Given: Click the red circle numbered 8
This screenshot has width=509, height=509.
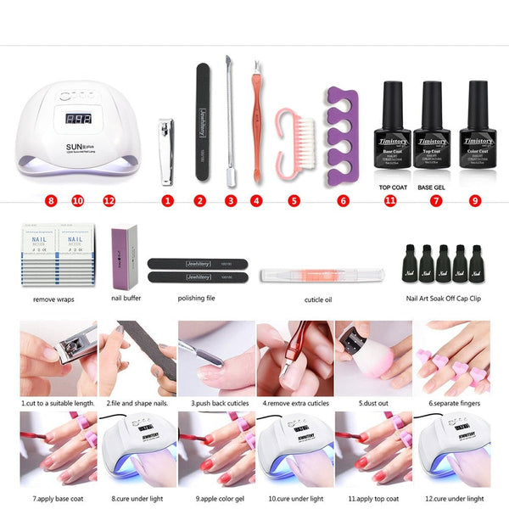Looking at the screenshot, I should [x=52, y=201].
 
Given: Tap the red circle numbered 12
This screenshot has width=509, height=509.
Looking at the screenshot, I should [x=109, y=201].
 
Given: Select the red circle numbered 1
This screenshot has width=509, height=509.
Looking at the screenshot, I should [x=167, y=201].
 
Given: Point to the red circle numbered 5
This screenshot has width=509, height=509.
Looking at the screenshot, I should [x=294, y=201].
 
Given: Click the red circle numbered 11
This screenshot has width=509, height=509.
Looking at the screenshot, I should [x=390, y=201].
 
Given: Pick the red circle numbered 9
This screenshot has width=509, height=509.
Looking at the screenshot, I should [x=474, y=201].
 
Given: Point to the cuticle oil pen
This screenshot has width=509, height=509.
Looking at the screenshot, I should [x=322, y=275].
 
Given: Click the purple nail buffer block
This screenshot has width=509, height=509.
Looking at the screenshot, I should [x=124, y=254].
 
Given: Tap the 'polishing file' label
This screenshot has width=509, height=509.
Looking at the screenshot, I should [x=196, y=299].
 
